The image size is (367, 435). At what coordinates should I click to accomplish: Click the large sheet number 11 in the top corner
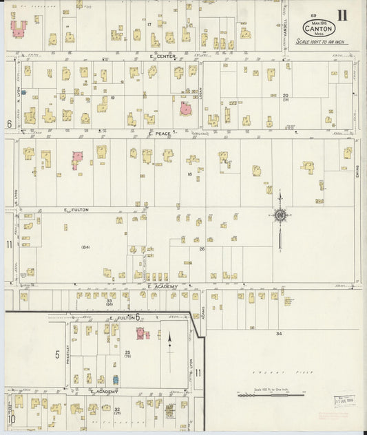pos(342,15)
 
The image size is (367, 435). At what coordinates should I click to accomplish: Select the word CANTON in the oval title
pos(319,29)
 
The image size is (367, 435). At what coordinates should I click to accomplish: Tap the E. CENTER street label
pos(162,56)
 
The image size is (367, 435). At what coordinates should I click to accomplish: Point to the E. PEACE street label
pos(160,134)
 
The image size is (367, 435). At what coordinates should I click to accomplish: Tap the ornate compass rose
pos(280,215)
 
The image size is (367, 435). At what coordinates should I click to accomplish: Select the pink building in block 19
pos(185,109)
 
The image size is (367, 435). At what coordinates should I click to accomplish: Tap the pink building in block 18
pos(76,159)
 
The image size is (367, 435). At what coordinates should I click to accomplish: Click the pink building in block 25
pos(142,334)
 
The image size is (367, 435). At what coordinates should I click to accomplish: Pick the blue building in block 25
pos(116,379)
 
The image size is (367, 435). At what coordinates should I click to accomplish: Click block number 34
pos(279,333)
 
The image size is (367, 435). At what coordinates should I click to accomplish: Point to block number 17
pos(149,24)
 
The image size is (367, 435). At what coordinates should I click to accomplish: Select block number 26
pos(202,249)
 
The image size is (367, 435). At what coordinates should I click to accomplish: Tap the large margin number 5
pos(57,354)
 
